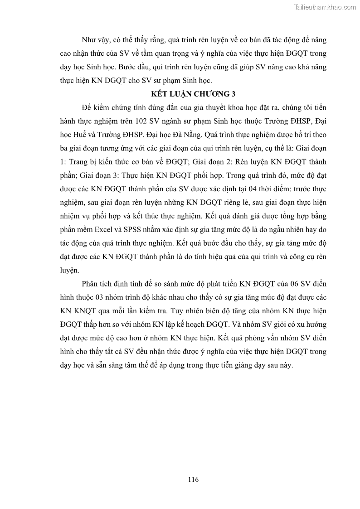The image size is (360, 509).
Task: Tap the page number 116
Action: tap(193, 480)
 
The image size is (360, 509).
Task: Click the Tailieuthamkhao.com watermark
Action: tap(325, 7)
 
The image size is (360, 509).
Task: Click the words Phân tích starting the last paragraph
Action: tap(97, 284)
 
